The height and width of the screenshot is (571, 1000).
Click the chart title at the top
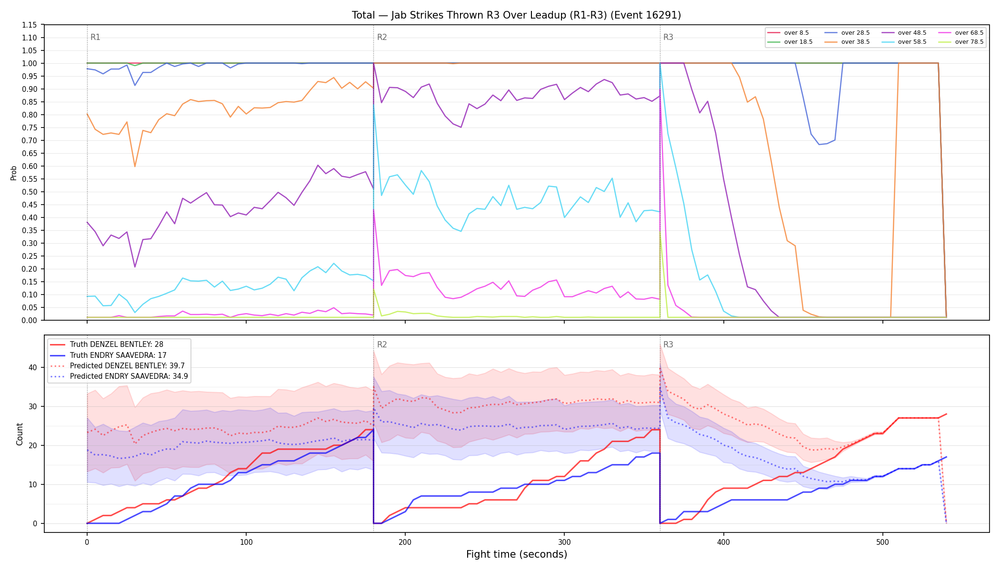click(x=516, y=15)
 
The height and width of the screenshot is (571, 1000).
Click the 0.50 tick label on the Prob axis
click(x=30, y=192)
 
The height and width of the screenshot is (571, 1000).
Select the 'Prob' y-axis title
click(x=14, y=173)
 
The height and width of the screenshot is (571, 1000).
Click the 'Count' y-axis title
click(x=20, y=434)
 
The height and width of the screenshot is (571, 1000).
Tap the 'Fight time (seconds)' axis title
click(x=517, y=554)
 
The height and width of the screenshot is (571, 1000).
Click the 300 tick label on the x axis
click(x=564, y=542)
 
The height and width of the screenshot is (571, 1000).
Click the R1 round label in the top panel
click(x=95, y=37)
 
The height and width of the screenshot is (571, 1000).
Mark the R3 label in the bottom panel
click(x=668, y=345)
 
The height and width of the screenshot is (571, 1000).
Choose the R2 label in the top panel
click(x=382, y=37)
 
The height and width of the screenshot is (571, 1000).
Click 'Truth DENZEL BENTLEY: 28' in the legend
click(x=117, y=345)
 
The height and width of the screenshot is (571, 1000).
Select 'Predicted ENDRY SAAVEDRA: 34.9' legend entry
click(x=129, y=376)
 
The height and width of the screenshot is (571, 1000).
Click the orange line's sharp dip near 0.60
click(x=135, y=166)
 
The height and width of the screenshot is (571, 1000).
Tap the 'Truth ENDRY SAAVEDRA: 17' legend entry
click(x=118, y=355)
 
